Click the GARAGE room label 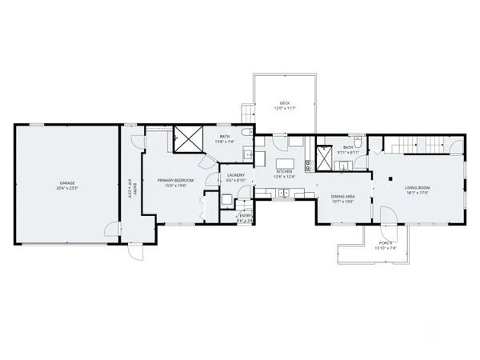coord(65,182)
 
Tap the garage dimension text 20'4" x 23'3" coord(65,187)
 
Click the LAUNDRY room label coord(235,175)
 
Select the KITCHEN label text coord(285,171)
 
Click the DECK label coord(285,103)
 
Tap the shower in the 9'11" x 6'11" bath coord(326,153)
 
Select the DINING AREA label coord(342,196)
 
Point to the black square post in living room coord(390,178)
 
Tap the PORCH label coord(386,244)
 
